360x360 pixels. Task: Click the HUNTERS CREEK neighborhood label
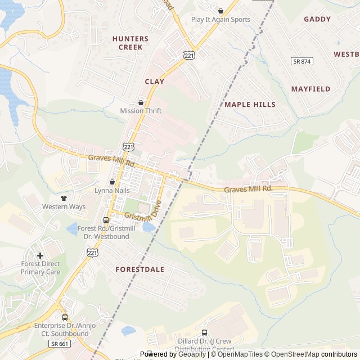pyautogui.click(x=130, y=43)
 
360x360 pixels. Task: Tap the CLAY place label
pyautogui.click(x=155, y=82)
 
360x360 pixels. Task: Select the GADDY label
pyautogui.click(x=317, y=19)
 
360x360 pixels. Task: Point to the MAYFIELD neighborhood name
pyautogui.click(x=310, y=89)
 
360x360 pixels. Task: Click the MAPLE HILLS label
pyautogui.click(x=250, y=105)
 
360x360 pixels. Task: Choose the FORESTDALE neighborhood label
pyautogui.click(x=140, y=269)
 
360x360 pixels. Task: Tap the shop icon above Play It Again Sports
pyautogui.click(x=220, y=10)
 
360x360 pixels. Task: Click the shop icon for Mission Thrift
pyautogui.click(x=141, y=102)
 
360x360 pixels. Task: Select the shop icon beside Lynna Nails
pyautogui.click(x=112, y=182)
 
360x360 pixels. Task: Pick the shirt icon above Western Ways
pyautogui.click(x=64, y=198)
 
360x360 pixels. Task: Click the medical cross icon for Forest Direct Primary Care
pyautogui.click(x=40, y=255)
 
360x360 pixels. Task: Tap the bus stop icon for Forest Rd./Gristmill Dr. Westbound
pyautogui.click(x=105, y=220)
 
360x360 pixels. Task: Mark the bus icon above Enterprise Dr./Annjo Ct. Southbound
pyautogui.click(x=65, y=317)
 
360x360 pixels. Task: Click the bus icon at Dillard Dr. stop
pyautogui.click(x=204, y=332)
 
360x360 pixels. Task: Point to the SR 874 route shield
pyautogui.click(x=302, y=61)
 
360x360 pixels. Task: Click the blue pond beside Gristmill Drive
pyautogui.click(x=148, y=227)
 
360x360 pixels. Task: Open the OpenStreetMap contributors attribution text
pyautogui.click(x=321, y=354)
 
